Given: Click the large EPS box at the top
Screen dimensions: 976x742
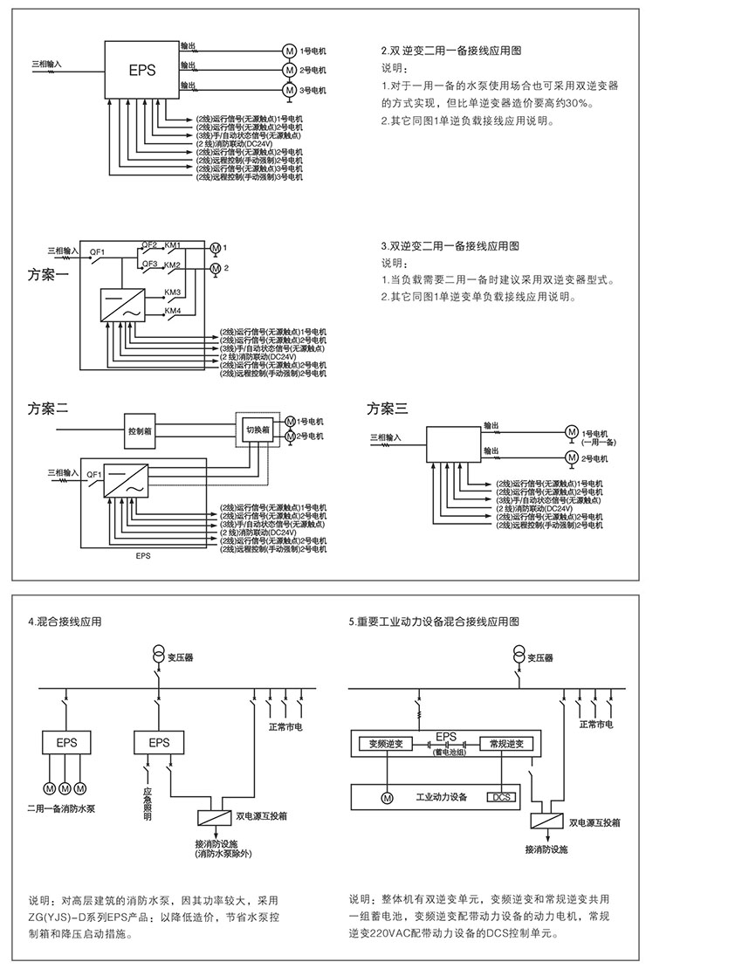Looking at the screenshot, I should coord(142,68).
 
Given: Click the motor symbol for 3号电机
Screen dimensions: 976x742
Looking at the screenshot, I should coord(288,89).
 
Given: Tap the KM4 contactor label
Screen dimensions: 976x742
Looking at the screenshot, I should coord(173,311).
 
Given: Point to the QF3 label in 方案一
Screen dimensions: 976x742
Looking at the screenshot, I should coord(150,263).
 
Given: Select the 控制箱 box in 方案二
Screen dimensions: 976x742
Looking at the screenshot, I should coord(141,430).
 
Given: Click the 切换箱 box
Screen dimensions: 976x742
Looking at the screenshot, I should coord(256,430).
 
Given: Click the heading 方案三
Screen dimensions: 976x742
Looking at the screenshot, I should coord(387,408).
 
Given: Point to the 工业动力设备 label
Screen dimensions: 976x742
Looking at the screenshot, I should coord(442,797).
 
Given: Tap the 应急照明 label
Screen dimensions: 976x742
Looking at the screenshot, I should coord(148,804).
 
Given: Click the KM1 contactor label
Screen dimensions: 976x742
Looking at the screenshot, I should coord(173,245).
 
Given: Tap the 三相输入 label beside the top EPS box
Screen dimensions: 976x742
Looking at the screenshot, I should coord(47,64).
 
